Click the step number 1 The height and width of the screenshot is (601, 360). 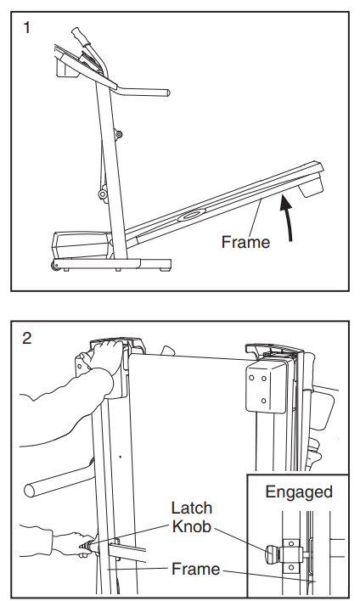[x=26, y=28]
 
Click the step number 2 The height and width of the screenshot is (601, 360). [x=27, y=338]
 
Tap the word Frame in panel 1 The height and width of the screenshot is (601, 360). [x=245, y=242]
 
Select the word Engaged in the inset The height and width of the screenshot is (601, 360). [x=299, y=492]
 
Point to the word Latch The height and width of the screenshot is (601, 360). [x=191, y=508]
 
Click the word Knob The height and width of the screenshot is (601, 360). [x=192, y=526]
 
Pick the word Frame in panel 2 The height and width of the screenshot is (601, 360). [x=195, y=569]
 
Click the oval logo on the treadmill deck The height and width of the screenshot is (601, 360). [x=191, y=215]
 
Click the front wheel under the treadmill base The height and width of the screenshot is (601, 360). [x=54, y=265]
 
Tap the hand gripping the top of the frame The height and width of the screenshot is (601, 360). [x=101, y=357]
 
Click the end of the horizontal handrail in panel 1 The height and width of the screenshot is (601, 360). [x=167, y=93]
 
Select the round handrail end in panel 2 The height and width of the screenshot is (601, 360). [x=29, y=490]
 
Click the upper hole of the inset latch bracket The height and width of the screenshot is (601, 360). [x=291, y=543]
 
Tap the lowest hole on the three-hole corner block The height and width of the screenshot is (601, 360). [x=264, y=401]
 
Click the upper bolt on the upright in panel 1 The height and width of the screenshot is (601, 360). [x=119, y=134]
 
